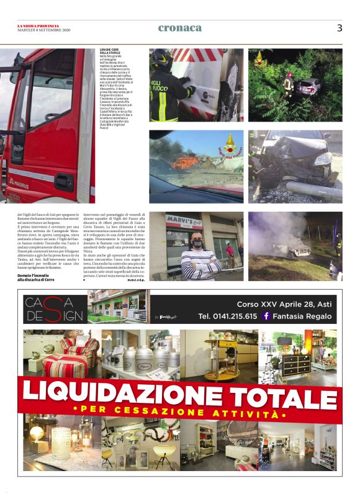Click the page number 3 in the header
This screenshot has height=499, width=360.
pos(340,28)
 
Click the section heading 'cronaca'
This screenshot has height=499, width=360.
pos(180,28)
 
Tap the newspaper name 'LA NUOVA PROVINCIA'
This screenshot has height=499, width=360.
pos(37,25)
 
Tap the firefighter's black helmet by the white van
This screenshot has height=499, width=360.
pos(163,60)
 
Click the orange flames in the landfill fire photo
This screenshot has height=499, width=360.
pos(186,163)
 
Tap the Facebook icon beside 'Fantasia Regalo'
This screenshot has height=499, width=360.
pos(266,316)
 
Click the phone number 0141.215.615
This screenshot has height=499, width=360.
pos(228,317)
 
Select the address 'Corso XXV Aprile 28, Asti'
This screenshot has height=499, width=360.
pos(285,304)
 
